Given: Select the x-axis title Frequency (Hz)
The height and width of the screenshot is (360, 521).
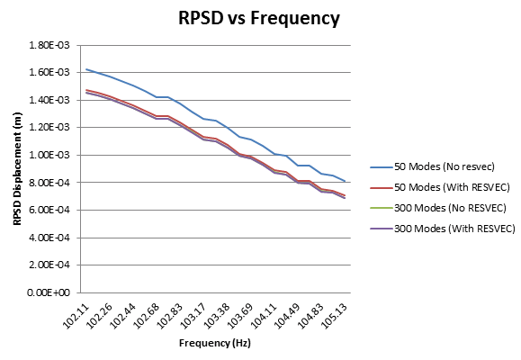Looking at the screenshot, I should [x=215, y=343].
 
